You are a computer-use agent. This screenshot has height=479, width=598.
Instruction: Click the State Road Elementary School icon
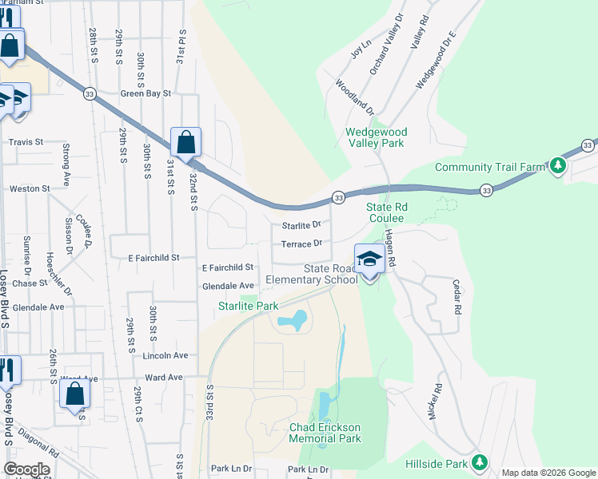point(369,259)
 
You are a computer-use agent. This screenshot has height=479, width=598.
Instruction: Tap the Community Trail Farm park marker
point(558,166)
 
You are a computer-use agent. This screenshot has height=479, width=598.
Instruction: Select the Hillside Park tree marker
point(480,462)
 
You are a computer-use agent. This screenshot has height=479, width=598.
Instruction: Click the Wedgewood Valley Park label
point(376,137)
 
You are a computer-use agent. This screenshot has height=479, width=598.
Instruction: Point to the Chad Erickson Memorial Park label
point(325,433)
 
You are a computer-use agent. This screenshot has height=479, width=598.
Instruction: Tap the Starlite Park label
point(249,306)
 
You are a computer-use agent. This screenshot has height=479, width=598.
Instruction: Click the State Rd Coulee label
point(388,213)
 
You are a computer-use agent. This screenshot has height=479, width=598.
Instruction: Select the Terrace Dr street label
point(301,243)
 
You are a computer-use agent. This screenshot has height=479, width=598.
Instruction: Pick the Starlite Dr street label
point(301,225)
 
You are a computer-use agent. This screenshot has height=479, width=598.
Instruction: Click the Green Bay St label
point(146,93)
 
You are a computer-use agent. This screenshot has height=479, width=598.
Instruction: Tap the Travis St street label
point(25,142)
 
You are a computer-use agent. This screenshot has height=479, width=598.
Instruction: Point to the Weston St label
point(29,189)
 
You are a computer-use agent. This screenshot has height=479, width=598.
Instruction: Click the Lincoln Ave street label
point(165,355)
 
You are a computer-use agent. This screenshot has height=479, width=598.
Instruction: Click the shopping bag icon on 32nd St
point(185,144)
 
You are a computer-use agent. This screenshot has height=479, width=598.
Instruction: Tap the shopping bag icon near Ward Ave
point(74,394)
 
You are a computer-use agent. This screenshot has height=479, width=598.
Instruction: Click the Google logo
point(26,469)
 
